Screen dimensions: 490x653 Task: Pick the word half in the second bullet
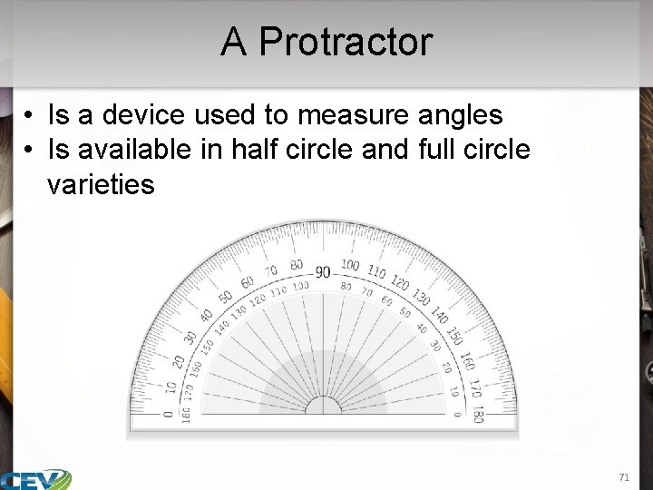[x=263, y=150]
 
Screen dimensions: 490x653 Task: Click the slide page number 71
[x=623, y=476]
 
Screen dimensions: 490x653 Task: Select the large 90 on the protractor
[x=323, y=271]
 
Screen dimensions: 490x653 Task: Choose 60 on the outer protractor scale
[x=246, y=284]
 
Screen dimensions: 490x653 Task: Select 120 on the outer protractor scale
[x=400, y=283]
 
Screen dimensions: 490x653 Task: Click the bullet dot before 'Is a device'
[x=30, y=116]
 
